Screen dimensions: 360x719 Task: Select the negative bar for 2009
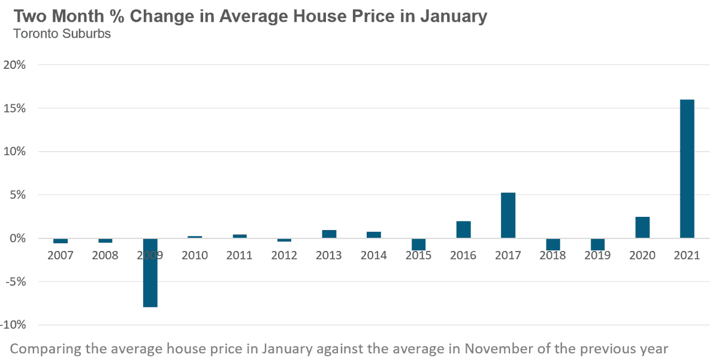click(x=150, y=273)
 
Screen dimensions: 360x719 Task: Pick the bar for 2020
click(x=642, y=228)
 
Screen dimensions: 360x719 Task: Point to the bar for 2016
click(x=463, y=230)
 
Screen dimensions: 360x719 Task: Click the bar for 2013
click(x=329, y=234)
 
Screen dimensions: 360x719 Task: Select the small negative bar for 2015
click(x=418, y=244)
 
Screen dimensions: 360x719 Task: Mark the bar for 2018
click(x=552, y=244)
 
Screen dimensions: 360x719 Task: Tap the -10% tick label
click(x=13, y=325)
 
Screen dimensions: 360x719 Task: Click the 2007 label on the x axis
click(x=60, y=256)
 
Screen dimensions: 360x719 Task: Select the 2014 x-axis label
click(x=373, y=256)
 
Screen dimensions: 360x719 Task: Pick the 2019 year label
click(x=597, y=256)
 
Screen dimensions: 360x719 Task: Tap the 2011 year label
click(x=239, y=256)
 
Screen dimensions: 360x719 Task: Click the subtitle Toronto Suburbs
click(x=62, y=34)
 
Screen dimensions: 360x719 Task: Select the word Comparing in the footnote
click(x=44, y=349)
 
